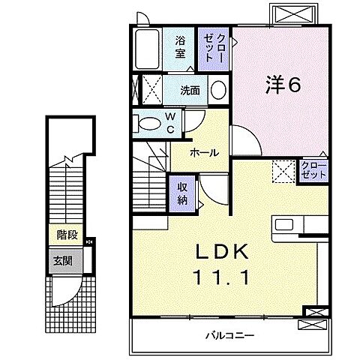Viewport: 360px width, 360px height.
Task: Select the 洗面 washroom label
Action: click(190, 91)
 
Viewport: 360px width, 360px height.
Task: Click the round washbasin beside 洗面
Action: click(217, 91)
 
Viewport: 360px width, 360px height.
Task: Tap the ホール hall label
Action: click(203, 152)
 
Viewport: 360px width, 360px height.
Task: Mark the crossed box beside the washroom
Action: click(152, 91)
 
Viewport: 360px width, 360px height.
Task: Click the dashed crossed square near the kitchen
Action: click(283, 171)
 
